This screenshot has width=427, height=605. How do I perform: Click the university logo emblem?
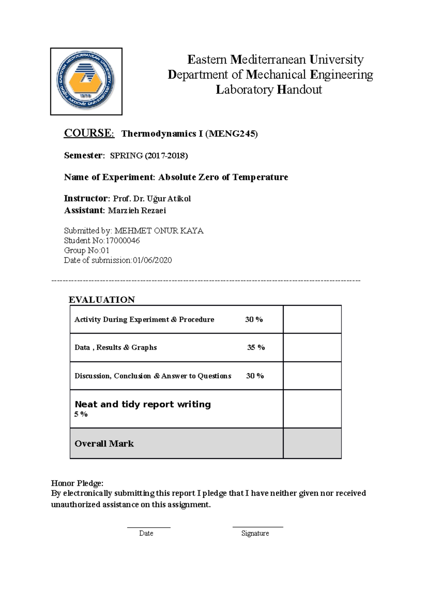tap(86, 81)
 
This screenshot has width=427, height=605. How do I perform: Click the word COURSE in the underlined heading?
tap(88, 133)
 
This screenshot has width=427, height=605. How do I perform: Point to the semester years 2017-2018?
tap(166, 156)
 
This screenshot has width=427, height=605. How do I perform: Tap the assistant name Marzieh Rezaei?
tap(137, 211)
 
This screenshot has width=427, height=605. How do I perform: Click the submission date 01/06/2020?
tap(152, 260)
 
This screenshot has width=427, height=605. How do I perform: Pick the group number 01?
tap(105, 250)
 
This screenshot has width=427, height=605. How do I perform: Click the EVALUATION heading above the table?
tap(102, 300)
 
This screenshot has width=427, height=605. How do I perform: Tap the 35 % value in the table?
tap(256, 347)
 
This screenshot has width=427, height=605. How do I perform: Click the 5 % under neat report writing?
tap(81, 414)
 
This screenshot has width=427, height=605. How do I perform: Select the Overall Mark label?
tap(104, 444)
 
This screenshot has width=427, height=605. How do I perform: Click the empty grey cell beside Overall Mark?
tap(312, 443)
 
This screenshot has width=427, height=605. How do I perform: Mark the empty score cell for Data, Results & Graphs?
tap(312, 347)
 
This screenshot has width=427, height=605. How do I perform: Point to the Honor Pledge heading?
tap(77, 483)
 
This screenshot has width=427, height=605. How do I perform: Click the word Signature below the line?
tap(255, 533)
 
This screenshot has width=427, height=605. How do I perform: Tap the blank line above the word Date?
tap(149, 527)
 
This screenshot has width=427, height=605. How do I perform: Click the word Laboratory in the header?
tap(245, 89)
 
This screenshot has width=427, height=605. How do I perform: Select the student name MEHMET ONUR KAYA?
tap(159, 231)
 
